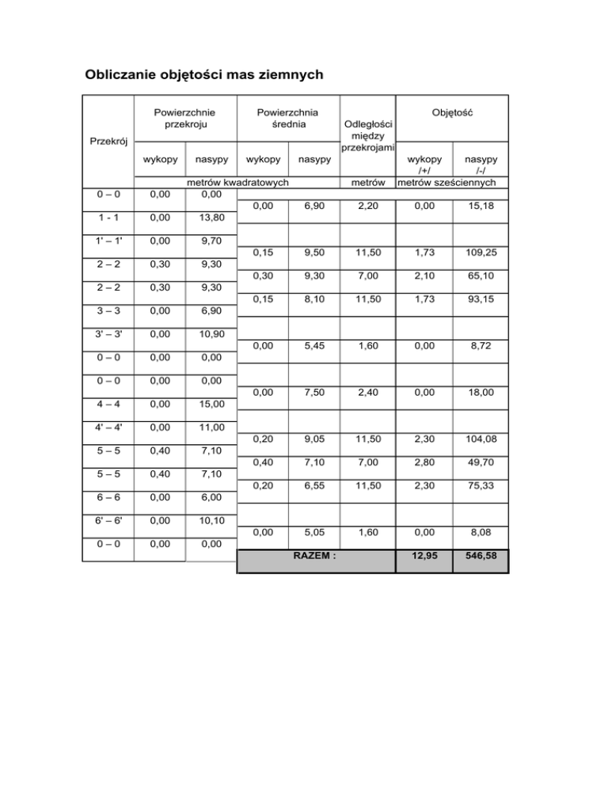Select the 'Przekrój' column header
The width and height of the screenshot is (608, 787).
pyautogui.click(x=107, y=143)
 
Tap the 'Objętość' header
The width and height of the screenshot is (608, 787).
pyautogui.click(x=452, y=113)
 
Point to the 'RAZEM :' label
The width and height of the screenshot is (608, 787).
pyautogui.click(x=315, y=556)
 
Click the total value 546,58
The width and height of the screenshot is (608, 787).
pyautogui.click(x=479, y=558)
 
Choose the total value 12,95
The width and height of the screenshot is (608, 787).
pyautogui.click(x=424, y=558)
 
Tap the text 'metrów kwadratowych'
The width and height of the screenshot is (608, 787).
pyautogui.click(x=236, y=183)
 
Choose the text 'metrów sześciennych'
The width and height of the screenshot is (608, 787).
pyautogui.click(x=446, y=183)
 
